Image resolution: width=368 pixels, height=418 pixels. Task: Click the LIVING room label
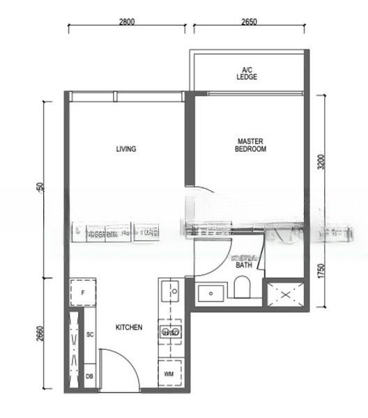pos(125,148)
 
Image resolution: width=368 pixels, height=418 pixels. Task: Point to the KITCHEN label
pos(129,327)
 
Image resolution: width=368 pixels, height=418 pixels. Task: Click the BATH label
pos(244,265)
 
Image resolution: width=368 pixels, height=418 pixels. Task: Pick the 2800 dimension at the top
pos(126,22)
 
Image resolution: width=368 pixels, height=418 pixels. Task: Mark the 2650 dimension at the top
pos(248,22)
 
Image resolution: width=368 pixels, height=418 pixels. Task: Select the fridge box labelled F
pos(82,293)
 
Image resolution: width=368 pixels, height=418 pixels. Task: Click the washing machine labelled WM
pos(169,374)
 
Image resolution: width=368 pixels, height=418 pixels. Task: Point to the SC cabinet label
pos(90,335)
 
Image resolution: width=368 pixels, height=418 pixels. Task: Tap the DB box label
pos(90,377)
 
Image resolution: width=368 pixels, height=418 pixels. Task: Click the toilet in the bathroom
pos(243,288)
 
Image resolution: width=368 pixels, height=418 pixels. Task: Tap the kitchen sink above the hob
pos(171,291)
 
